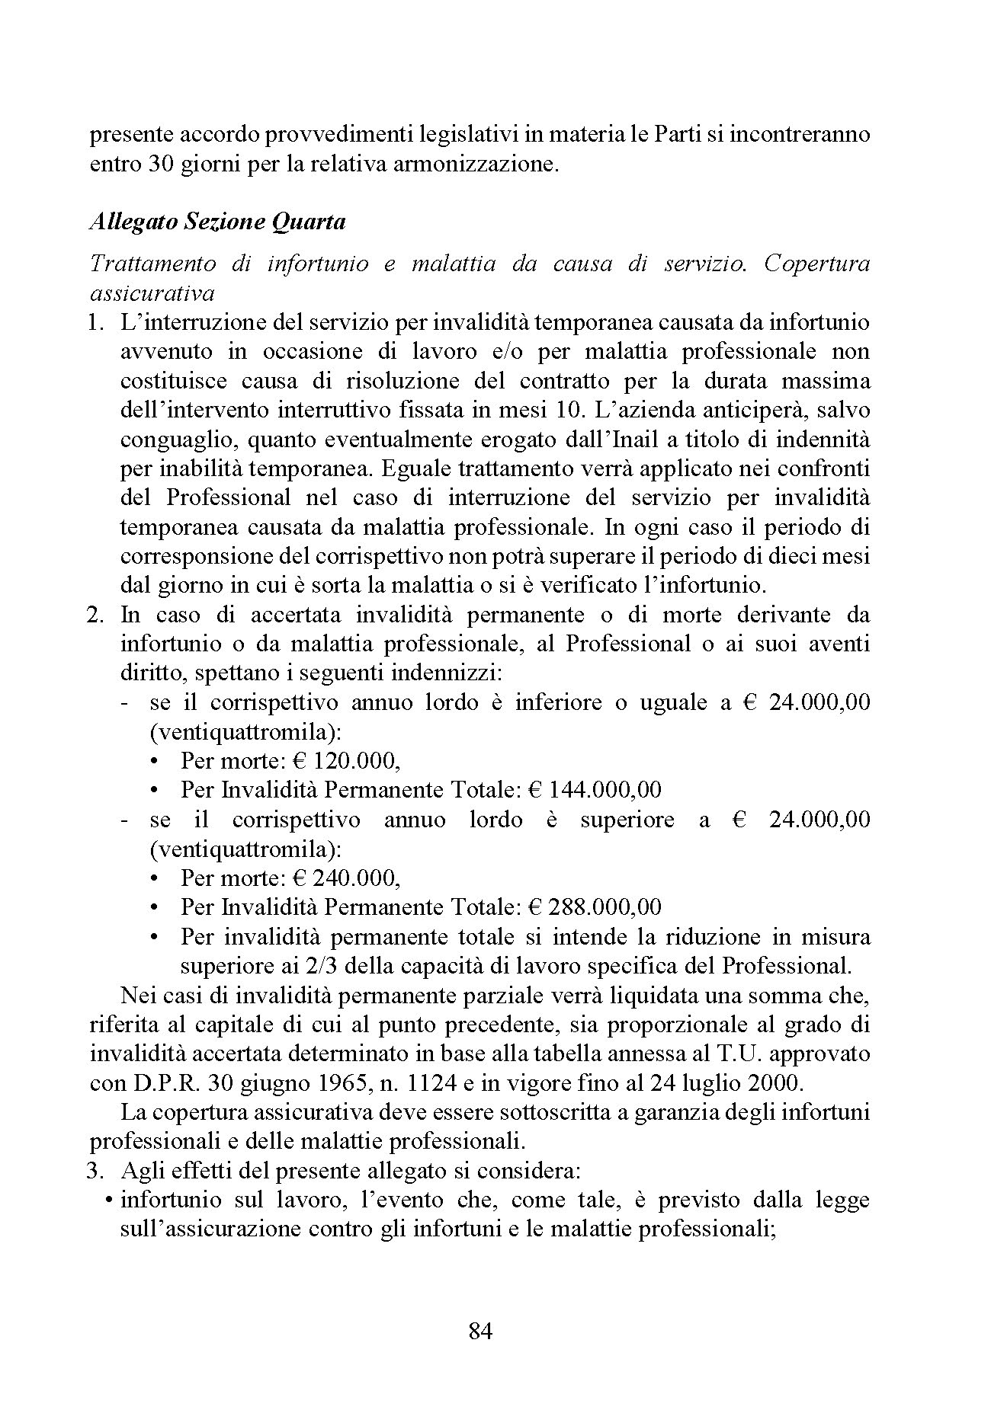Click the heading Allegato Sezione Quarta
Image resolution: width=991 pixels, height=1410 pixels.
[x=218, y=222]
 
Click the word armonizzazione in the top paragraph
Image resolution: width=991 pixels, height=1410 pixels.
[x=473, y=165]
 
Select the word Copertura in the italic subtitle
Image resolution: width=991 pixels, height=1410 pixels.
[x=816, y=264]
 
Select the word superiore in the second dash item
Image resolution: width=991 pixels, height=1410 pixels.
[x=627, y=820]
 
